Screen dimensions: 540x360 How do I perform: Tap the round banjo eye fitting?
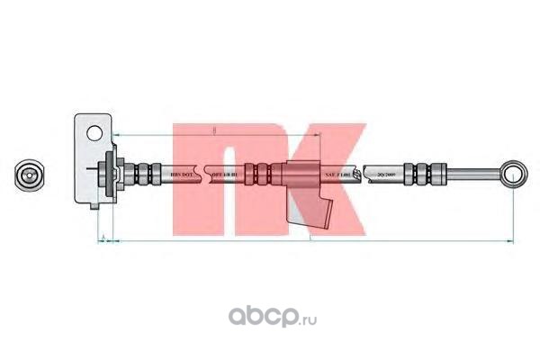coord(514,171)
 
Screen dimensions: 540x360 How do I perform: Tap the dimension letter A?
coord(104,238)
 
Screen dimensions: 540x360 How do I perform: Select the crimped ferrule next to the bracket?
coord(143,172)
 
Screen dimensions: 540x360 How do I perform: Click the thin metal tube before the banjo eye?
coord(472,171)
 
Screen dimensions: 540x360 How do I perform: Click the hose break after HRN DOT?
coord(209,172)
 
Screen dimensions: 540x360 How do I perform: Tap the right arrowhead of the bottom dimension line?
coord(511,243)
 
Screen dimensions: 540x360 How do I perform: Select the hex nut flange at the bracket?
coord(112,172)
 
